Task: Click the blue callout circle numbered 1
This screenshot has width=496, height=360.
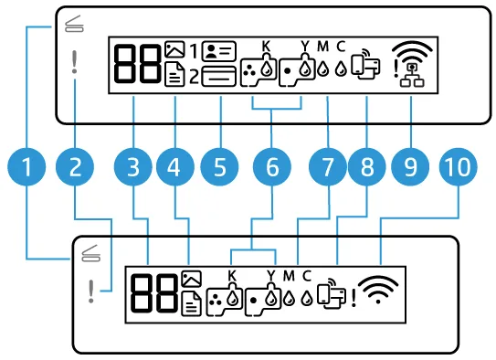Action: [26, 166]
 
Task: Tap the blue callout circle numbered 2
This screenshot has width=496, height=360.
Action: [75, 166]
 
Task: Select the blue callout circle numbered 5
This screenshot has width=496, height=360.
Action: [220, 166]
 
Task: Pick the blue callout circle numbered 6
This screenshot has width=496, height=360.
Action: [272, 166]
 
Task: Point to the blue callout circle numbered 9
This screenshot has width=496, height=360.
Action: [410, 166]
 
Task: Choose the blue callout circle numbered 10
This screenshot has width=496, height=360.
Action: [458, 166]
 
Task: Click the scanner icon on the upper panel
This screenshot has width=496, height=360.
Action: [74, 24]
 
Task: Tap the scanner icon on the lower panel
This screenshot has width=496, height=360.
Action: [90, 253]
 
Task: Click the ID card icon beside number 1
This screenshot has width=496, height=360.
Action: [219, 51]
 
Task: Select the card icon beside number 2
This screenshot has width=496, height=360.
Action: [219, 76]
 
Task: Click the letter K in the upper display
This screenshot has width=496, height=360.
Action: [267, 47]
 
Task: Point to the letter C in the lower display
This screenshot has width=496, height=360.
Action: [307, 276]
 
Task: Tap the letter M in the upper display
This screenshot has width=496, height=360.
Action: [323, 47]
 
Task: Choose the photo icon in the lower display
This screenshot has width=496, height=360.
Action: [192, 279]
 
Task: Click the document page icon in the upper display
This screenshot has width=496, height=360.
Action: [174, 75]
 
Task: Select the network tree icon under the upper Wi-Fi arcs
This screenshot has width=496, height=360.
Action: [412, 76]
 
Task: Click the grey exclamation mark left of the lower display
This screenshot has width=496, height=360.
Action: [91, 291]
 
